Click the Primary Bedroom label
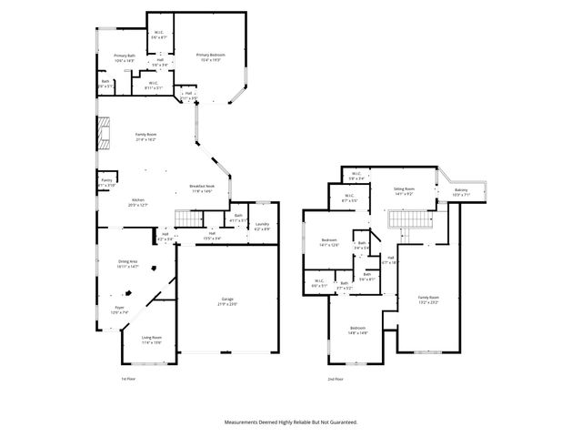point(211,56)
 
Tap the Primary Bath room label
point(125,58)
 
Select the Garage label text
point(226,301)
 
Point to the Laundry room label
point(262,225)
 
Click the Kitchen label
point(139,201)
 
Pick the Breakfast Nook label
point(202,187)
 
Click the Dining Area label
point(127,263)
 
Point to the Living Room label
point(151,339)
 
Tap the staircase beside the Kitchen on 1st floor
point(187,218)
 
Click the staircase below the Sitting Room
point(407,219)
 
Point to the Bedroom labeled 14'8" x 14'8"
point(358,330)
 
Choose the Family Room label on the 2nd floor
point(428,299)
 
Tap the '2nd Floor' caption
point(336,378)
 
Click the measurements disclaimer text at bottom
point(291,422)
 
